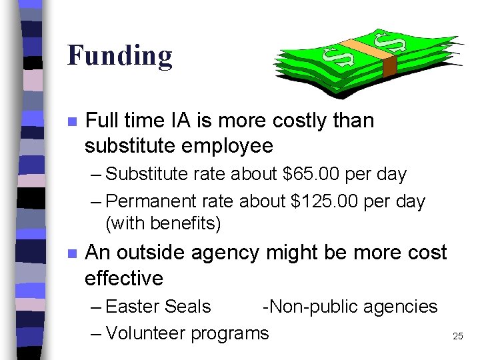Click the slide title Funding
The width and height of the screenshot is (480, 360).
pyautogui.click(x=120, y=56)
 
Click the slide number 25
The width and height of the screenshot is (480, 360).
pyautogui.click(x=457, y=337)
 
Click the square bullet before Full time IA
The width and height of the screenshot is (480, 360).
pyautogui.click(x=73, y=122)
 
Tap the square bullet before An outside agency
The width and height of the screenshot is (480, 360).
pyautogui.click(x=73, y=254)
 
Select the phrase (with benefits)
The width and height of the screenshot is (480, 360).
pyautogui.click(x=163, y=224)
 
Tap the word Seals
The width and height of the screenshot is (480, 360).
pyautogui.click(x=187, y=307)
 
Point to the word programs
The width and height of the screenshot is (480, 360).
pyautogui.click(x=230, y=333)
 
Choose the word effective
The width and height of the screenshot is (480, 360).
pyautogui.click(x=124, y=278)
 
